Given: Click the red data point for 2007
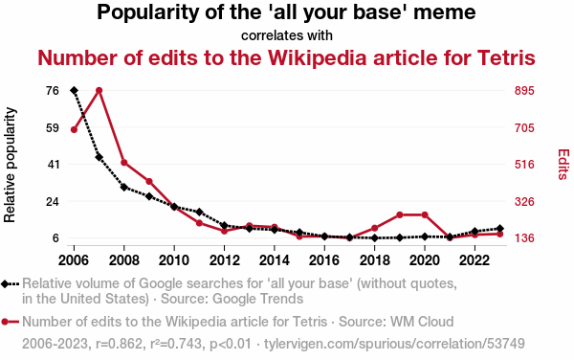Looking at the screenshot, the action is tap(99, 90).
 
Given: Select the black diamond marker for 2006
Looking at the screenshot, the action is tap(74, 90).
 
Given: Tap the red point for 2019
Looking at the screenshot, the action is tap(400, 214).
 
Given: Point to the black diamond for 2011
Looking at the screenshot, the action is tap(199, 212).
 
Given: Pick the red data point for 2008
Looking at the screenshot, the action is tap(124, 163).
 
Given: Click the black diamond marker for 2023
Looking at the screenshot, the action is tap(500, 229).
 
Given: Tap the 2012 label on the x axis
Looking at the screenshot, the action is tap(224, 260).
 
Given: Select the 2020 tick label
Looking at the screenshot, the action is tap(425, 260).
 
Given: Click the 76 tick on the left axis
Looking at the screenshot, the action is tap(53, 90).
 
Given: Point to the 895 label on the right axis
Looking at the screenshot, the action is tap(524, 90).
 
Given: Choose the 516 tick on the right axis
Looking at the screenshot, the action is tap(524, 165).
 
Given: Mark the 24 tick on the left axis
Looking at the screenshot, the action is tap(53, 201).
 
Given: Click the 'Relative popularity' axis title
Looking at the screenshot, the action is tap(10, 165).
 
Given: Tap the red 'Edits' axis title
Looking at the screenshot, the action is tap(563, 164).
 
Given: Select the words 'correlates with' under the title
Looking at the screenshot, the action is tap(287, 35).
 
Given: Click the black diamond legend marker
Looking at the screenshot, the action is tap(6, 283).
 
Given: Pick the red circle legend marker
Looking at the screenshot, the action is tap(5, 322).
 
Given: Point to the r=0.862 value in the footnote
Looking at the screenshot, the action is tap(119, 344).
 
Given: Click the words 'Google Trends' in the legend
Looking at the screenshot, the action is tap(257, 299).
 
